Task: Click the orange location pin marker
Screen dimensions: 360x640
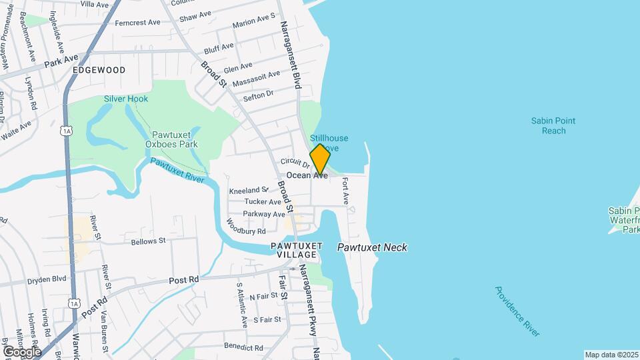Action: coord(320,159)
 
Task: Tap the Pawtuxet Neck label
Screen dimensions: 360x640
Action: coord(372,247)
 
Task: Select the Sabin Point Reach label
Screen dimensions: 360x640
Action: coord(553,126)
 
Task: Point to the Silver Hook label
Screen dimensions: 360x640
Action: coord(126,99)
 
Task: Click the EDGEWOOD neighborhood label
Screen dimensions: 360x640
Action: coord(99,69)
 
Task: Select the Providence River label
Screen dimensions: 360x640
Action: coord(517,311)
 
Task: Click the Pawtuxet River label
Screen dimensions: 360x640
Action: coord(177,171)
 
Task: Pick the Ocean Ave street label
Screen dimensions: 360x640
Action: coord(307,175)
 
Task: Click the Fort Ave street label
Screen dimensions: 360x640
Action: coord(345,190)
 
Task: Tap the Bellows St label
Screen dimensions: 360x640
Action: coord(148,241)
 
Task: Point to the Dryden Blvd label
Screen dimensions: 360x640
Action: coord(47,279)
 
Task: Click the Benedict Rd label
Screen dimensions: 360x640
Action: coord(243,347)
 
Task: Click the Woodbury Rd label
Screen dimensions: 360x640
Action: coord(246,227)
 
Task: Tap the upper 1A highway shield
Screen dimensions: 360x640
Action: coord(65,131)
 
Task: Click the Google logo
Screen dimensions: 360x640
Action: coord(22,351)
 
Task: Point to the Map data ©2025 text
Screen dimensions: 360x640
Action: coord(611,355)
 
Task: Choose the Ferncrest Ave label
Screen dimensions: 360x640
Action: coord(138,22)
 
